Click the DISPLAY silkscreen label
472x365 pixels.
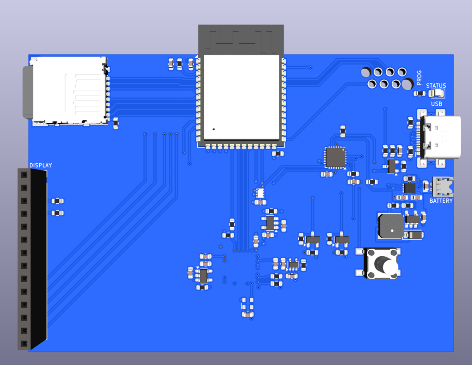[x=41, y=165]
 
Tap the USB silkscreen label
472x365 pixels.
[x=437, y=104]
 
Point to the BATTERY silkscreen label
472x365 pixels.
[x=441, y=201]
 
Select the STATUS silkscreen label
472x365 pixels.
[x=436, y=86]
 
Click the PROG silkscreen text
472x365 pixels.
[x=419, y=78]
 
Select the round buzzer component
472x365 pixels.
[x=390, y=225]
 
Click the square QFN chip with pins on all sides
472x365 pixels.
[x=335, y=157]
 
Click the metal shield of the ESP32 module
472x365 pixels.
[x=241, y=97]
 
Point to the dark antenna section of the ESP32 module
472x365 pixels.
[x=241, y=40]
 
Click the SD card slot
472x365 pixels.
[x=69, y=90]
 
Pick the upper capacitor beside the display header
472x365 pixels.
[x=57, y=201]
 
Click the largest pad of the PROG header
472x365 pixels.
[x=407, y=84]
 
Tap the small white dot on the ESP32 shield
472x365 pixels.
[x=213, y=129]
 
